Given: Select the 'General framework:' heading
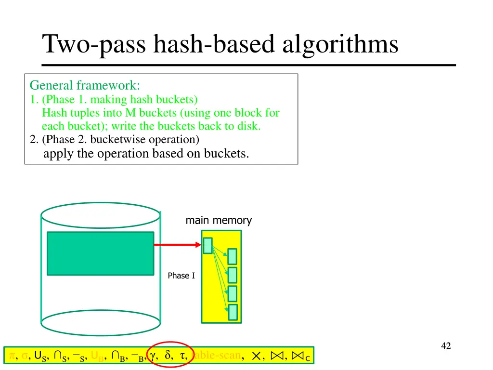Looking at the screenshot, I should coord(85,86).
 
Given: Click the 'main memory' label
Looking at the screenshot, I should coord(219,221).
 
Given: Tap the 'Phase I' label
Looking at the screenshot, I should coord(181,276).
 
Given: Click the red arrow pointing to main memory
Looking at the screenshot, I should coord(177,245).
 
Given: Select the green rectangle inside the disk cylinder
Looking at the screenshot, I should coord(100,253).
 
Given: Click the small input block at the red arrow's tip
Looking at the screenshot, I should coord(208,246).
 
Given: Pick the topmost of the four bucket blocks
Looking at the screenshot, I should coord(232,256).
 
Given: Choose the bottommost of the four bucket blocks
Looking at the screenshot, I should coord(233,312).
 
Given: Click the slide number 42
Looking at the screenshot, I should coord(446,345).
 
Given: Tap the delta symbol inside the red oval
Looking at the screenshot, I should coord(168,356).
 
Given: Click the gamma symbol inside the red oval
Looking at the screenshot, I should coord(153,356).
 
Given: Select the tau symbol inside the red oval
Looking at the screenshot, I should coord(182,356).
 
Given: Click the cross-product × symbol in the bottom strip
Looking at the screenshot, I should coord(257,357).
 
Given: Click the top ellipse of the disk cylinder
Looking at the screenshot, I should coord(100,215).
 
